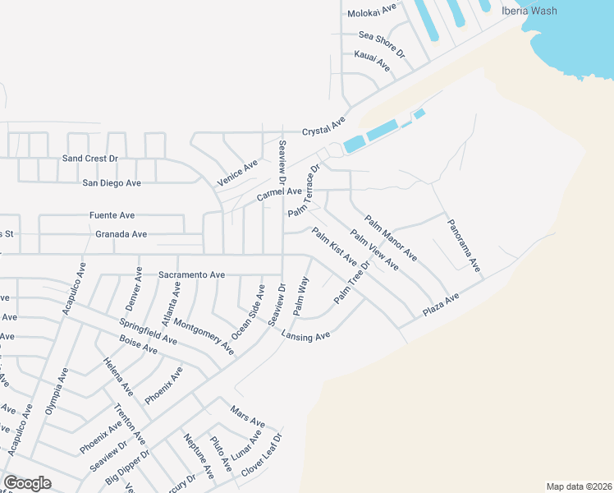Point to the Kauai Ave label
(x=372, y=60)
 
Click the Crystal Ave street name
(x=324, y=127)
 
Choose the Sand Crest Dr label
(x=90, y=158)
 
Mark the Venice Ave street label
(x=238, y=173)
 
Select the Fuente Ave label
(x=112, y=215)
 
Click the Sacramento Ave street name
(x=191, y=274)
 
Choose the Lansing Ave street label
(x=305, y=335)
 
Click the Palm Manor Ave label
(x=391, y=238)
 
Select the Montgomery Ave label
(x=204, y=335)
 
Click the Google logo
(x=27, y=483)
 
